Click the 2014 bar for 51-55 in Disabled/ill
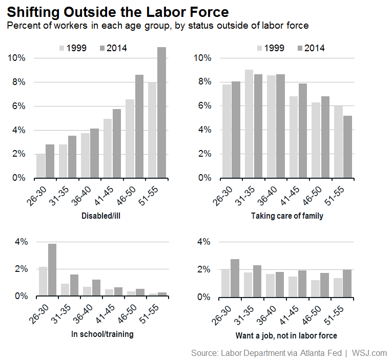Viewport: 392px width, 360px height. click(x=161, y=113)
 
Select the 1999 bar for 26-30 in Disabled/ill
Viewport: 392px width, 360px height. click(x=40, y=165)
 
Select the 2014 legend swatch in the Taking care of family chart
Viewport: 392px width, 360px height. click(x=299, y=48)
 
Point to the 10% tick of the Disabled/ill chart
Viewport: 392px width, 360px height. click(x=16, y=58)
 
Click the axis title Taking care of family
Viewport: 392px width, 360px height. click(x=287, y=216)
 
